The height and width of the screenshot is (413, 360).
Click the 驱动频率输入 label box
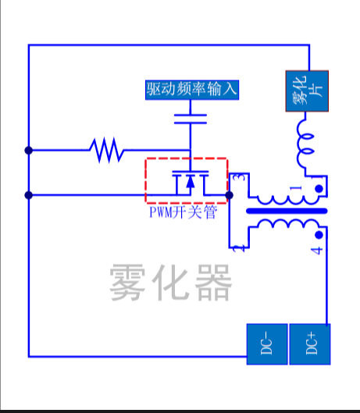click(x=191, y=89)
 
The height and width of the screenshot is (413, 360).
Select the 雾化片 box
click(x=305, y=91)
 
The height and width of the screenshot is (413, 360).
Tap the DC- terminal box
click(x=267, y=344)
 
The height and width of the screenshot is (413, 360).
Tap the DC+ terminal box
click(x=311, y=344)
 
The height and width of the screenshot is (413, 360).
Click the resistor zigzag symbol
click(x=106, y=150)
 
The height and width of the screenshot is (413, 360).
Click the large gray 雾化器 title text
click(x=170, y=282)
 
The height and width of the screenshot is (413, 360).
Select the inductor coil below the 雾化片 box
click(x=305, y=147)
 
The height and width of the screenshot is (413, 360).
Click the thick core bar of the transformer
click(x=286, y=211)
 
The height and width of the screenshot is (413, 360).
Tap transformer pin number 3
click(x=239, y=180)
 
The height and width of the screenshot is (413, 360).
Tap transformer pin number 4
click(x=317, y=251)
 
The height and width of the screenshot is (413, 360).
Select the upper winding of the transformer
click(x=284, y=199)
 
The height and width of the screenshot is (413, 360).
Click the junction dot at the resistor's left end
click(x=29, y=150)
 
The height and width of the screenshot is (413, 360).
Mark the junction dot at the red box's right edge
click(x=229, y=194)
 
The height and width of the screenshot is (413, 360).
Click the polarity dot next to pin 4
click(x=318, y=235)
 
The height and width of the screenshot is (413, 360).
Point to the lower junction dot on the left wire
click(x=29, y=194)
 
